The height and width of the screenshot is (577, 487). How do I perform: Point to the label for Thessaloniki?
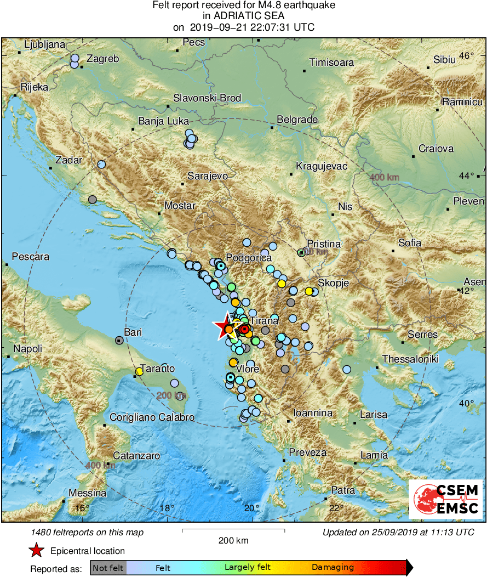pos(410,359)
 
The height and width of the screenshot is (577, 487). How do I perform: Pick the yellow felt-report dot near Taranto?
pos(139,371)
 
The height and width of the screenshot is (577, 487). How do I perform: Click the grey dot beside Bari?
pos(119,341)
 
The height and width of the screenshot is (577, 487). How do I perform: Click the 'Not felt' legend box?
pos(108,567)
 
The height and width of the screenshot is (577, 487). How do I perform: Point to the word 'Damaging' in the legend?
pos(333,567)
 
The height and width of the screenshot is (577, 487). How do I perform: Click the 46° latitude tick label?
pos(466,56)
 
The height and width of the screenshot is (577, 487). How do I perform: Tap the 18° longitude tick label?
pos(167,507)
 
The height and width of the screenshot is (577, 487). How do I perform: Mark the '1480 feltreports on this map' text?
pos(87,532)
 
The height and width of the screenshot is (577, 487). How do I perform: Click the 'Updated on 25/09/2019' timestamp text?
pos(398,532)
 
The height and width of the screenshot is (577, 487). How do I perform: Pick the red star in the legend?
pos(36,551)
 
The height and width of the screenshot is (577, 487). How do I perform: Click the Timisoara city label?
pos(331,63)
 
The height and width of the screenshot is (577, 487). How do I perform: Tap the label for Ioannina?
pos(313,412)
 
